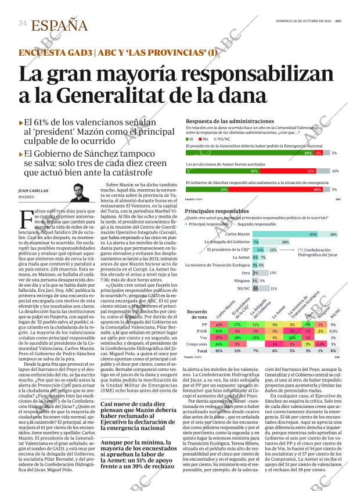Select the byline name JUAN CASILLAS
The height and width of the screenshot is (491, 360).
(33, 190)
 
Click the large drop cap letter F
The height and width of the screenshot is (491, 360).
(26, 221)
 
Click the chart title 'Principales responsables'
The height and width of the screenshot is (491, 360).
(217, 211)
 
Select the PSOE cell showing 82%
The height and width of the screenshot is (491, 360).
(219, 330)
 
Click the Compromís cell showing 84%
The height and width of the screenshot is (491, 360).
(219, 344)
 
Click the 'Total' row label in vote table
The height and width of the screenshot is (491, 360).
(203, 351)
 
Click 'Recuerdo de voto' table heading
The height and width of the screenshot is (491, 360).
(197, 314)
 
